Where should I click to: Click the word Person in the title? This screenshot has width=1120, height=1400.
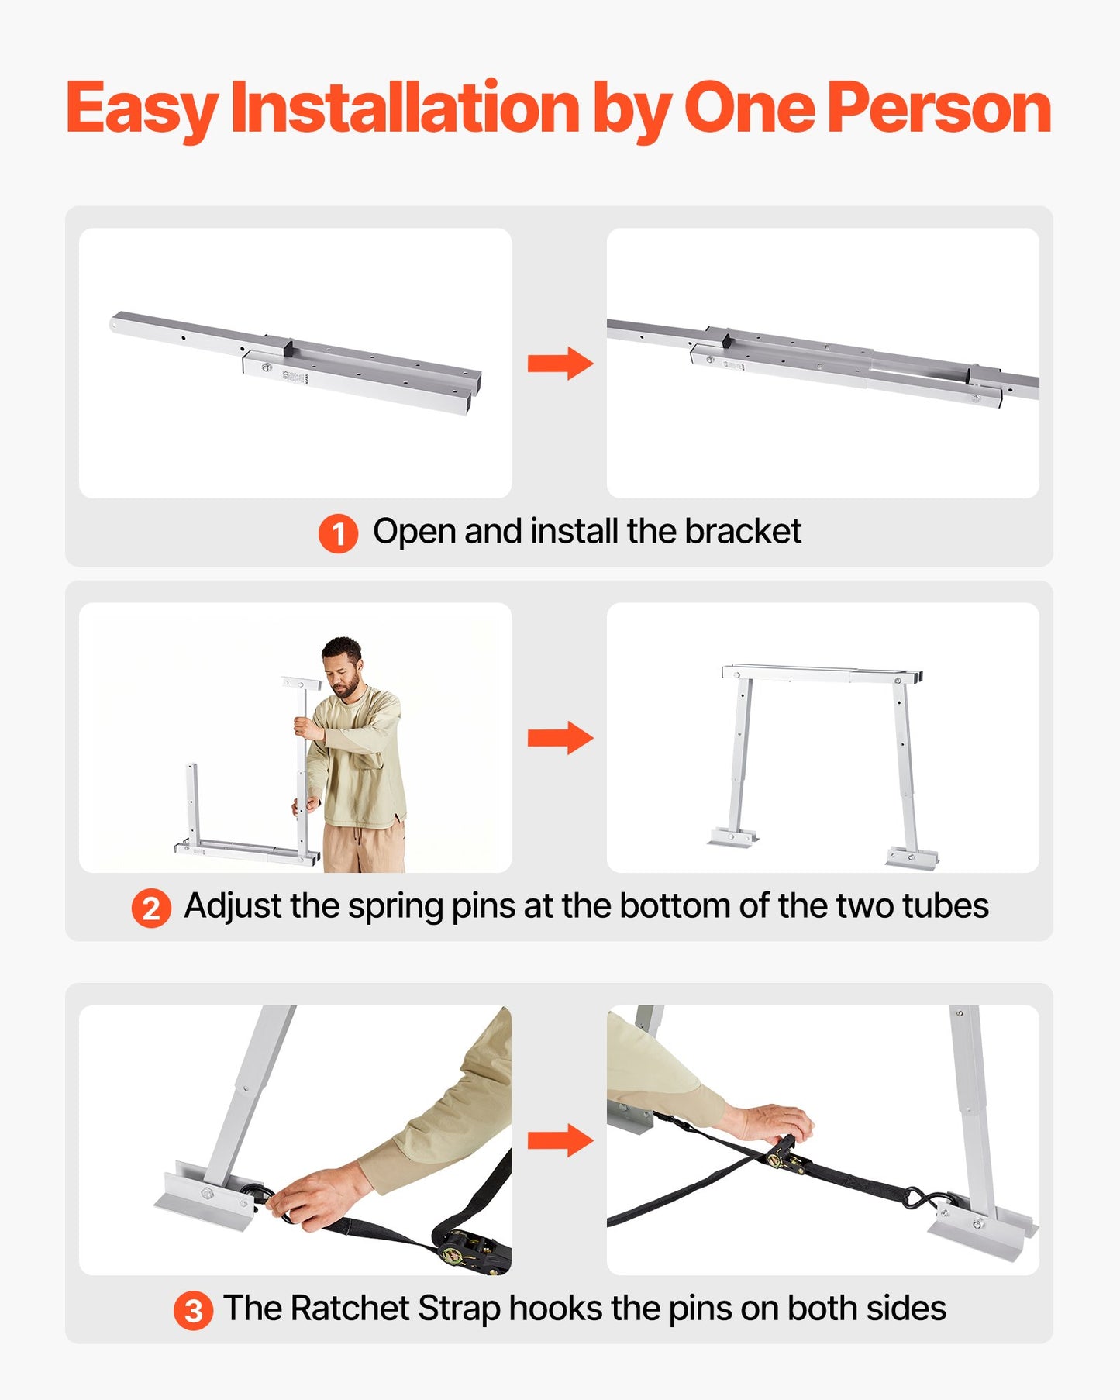coord(939,108)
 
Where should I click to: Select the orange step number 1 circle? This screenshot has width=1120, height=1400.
coord(338,533)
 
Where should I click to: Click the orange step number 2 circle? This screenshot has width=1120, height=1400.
coord(150,908)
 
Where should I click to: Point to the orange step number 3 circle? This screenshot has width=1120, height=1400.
coord(193,1310)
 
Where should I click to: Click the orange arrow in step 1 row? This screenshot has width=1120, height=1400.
coord(560,363)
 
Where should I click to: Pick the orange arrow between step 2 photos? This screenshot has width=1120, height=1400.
coord(560,737)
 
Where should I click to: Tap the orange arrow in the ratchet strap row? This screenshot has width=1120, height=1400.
coord(560,1140)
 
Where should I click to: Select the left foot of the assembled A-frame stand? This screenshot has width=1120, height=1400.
coord(731,838)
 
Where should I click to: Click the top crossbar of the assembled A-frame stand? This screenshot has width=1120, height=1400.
coord(822,673)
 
